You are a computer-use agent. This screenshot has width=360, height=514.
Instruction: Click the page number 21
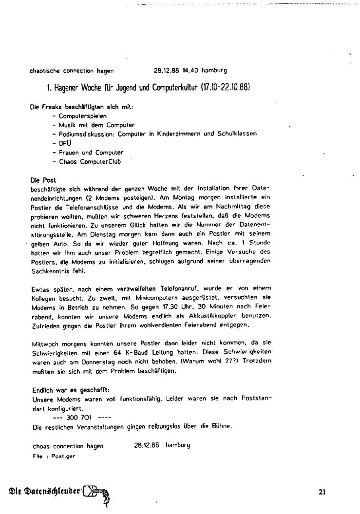[x=322, y=492]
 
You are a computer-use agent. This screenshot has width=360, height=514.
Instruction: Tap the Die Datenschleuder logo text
[x=43, y=491]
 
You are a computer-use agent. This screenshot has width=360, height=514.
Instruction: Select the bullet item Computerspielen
[x=82, y=116]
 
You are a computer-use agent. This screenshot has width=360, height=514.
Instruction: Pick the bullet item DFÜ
[x=65, y=143]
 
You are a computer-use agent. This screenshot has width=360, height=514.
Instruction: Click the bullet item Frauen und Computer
[x=91, y=152]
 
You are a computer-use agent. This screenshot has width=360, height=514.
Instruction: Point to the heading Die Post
[x=43, y=180]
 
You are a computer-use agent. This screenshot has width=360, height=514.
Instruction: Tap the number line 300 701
[x=81, y=418]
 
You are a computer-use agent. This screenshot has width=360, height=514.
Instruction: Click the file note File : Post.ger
[x=54, y=457]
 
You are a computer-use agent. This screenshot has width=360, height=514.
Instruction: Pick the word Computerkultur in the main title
[x=170, y=88]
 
